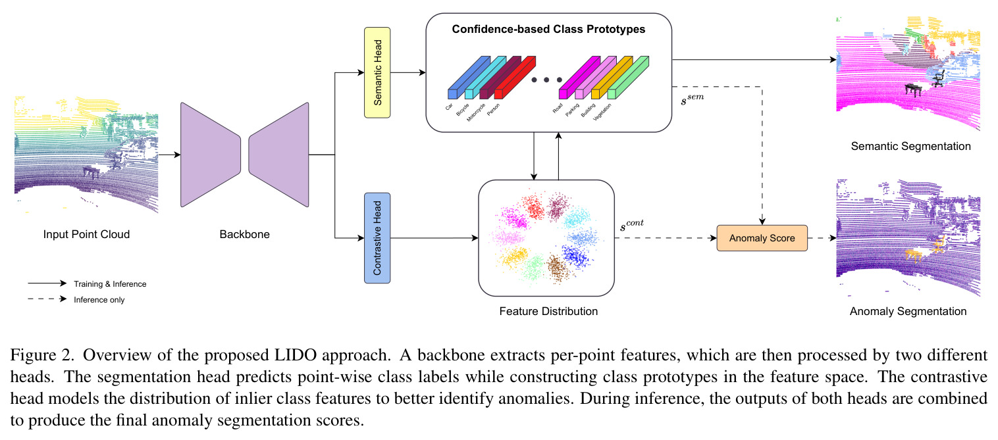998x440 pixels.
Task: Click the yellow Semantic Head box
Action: point(377,72)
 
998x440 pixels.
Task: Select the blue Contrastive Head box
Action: point(377,238)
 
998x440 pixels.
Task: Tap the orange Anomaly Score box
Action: point(762,238)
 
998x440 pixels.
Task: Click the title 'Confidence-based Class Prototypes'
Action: point(548,30)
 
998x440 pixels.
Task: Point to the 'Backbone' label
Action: point(245,234)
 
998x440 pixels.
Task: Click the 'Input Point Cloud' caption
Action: point(86,234)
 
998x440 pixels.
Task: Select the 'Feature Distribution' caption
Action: point(548,311)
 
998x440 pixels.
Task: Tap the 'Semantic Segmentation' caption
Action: point(910,146)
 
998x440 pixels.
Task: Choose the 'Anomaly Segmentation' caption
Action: point(908,311)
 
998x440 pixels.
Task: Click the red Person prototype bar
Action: point(515,77)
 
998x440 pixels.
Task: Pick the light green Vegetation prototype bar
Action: point(628,77)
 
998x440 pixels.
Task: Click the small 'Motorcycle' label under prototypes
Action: point(476,112)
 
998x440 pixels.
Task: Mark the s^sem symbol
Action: point(692,99)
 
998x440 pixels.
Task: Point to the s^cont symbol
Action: point(632,225)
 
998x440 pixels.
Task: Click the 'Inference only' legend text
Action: point(99,300)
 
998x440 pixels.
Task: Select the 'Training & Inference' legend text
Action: point(110,284)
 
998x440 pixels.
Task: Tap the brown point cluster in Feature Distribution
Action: point(556,267)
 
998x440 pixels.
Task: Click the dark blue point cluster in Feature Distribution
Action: point(576,256)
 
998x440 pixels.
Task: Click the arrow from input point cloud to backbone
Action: point(169,155)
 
